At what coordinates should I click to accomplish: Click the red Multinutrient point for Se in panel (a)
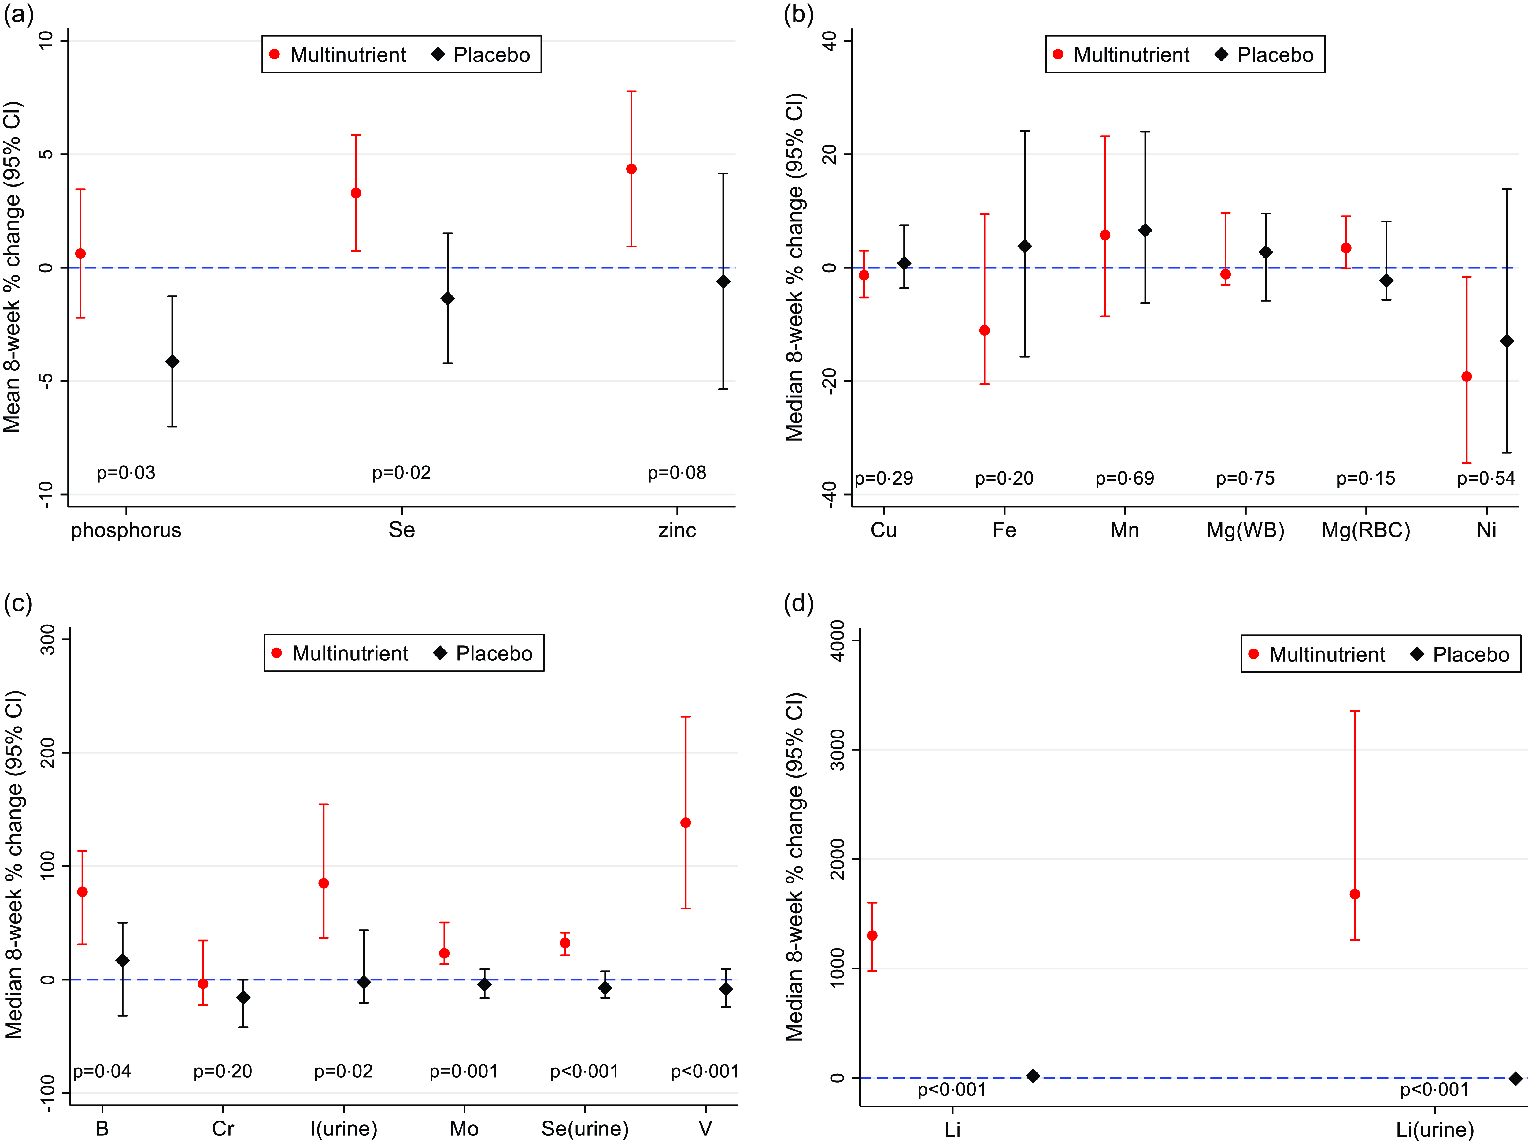click(356, 193)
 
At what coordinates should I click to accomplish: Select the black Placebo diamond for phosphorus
click(172, 362)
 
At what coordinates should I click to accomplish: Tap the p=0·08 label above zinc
click(677, 473)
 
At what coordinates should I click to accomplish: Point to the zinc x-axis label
click(677, 530)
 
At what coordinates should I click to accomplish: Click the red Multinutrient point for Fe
click(985, 331)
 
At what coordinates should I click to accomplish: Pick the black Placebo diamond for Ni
click(1507, 341)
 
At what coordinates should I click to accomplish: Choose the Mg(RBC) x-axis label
click(1366, 530)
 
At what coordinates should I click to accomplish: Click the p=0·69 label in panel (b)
click(1125, 479)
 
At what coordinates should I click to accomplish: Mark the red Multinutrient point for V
click(686, 823)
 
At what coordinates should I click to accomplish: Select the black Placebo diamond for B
click(122, 961)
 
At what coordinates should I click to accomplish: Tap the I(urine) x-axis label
click(343, 1128)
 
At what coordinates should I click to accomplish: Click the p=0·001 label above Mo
click(464, 1071)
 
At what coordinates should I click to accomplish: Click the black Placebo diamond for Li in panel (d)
click(1033, 1076)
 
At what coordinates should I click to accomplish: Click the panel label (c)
click(18, 604)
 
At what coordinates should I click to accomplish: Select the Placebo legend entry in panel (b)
click(1263, 54)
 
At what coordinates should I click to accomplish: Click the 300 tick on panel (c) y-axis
click(47, 640)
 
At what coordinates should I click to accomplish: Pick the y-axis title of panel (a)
click(13, 267)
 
